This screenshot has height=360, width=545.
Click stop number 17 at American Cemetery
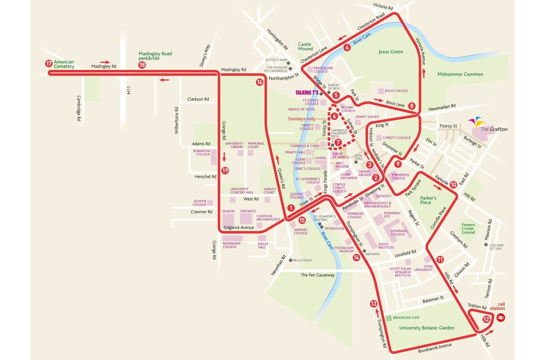click(49, 64)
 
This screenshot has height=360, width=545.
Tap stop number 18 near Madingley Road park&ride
click(142, 65)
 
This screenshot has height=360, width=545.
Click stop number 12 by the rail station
click(486, 319)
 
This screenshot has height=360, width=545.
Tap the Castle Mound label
click(305, 46)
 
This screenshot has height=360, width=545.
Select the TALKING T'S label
click(307, 92)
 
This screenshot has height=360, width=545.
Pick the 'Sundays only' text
click(302, 119)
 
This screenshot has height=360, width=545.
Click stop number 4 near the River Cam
click(347, 47)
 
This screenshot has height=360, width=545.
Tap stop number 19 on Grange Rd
click(225, 170)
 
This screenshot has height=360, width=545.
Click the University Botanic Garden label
click(427, 328)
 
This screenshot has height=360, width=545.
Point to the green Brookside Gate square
click(388, 318)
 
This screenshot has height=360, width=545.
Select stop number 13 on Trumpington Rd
click(374, 304)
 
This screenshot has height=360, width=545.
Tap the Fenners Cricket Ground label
click(468, 228)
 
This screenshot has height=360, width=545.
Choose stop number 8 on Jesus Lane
click(411, 106)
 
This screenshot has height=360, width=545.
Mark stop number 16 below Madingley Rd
click(260, 82)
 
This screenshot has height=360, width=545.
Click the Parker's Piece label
click(428, 200)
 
